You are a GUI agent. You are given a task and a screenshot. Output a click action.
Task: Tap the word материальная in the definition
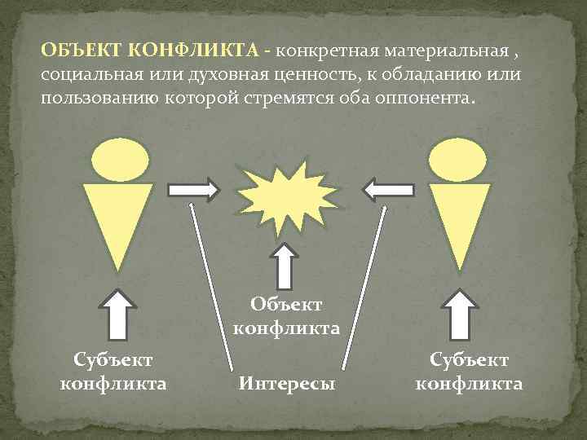435,52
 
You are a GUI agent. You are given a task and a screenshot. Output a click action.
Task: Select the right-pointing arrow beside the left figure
194,191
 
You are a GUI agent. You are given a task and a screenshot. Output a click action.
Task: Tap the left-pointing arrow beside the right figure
388,191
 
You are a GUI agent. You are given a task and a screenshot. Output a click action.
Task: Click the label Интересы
286,382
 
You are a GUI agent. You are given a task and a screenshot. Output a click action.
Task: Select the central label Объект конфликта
286,316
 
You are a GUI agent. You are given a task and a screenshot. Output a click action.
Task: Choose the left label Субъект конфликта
113,371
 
